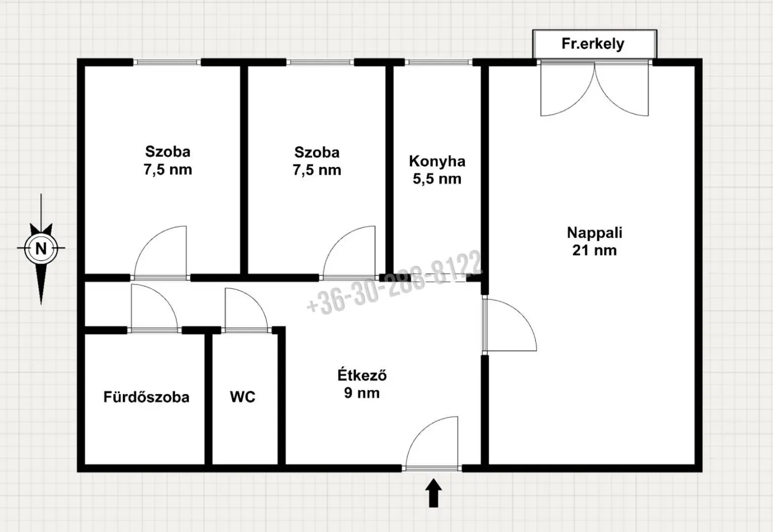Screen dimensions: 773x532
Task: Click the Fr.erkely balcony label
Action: [593, 44]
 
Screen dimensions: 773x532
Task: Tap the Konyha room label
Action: [437, 161]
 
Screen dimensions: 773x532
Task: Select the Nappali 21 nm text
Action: [594, 241]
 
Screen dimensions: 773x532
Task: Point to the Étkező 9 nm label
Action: [362, 384]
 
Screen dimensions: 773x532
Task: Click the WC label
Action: [243, 397]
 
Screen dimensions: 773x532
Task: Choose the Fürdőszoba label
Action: [146, 397]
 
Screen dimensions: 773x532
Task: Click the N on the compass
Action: [41, 248]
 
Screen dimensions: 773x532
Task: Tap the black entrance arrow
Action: [433, 493]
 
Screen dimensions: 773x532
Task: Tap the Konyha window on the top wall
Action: [438, 62]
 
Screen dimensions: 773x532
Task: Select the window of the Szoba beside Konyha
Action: [320, 62]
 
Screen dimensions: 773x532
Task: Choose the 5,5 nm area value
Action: [437, 179]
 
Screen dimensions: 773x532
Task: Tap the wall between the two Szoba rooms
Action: [244, 169]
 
